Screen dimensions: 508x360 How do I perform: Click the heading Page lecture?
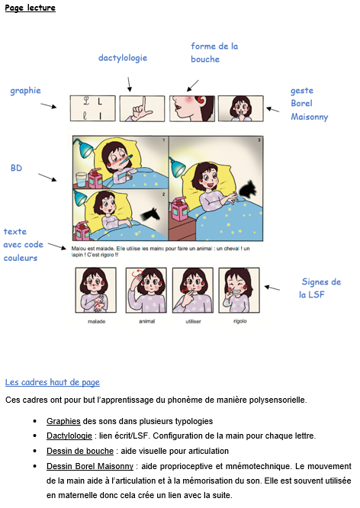point(30,8)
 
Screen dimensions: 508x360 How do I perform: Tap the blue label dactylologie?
point(122,58)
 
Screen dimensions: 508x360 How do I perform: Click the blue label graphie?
point(25,91)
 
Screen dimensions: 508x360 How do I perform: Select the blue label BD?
point(16,168)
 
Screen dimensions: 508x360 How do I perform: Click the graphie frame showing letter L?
point(92,109)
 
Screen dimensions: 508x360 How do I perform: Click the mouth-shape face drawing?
point(191,109)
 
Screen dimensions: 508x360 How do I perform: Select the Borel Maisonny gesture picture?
point(240,109)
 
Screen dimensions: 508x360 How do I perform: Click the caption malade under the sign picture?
point(96,322)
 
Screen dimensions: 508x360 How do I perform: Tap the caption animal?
point(146,322)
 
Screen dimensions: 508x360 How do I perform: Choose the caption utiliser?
point(193,322)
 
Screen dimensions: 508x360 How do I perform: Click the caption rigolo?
point(239,322)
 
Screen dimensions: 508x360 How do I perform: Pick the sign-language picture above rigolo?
point(239,291)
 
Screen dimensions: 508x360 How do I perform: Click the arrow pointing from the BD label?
point(47,178)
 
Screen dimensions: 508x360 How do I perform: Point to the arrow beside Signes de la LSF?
point(272,287)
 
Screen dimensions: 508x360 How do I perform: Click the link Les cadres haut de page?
point(52,382)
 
